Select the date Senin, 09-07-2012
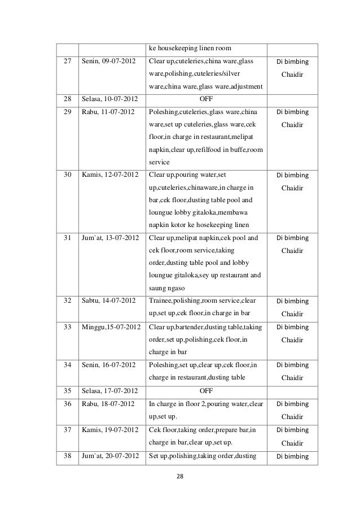108,60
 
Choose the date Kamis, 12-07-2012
109,175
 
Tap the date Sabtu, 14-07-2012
109,301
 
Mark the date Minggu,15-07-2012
111,327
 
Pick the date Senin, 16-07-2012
108,365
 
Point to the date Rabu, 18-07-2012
107,403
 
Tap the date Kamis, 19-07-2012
109,429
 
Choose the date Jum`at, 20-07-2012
110,455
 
